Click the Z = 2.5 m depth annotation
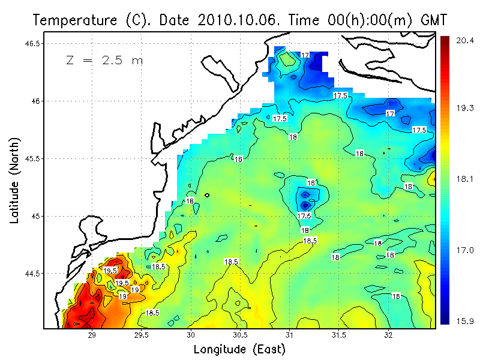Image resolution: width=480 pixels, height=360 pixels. point(104,60)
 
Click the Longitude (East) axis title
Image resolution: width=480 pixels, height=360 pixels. point(239,349)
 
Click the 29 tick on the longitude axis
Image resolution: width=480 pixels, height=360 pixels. point(92,335)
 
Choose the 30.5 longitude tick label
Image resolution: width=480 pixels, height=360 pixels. point(240,335)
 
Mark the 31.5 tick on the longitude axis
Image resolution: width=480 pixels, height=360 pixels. point(339,335)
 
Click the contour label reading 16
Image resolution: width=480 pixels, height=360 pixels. point(238,159)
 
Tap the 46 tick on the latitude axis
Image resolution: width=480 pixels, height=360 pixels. point(37,101)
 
